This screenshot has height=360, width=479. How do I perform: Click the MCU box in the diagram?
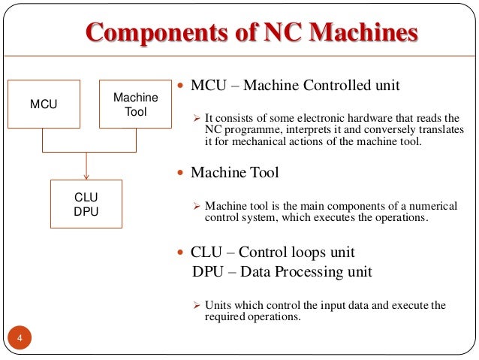pyautogui.click(x=44, y=104)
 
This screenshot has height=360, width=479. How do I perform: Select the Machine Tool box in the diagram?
pyautogui.click(x=136, y=104)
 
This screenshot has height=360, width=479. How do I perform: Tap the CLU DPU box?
pyautogui.click(x=86, y=204)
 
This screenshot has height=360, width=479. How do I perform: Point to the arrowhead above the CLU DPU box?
pyautogui.click(x=86, y=177)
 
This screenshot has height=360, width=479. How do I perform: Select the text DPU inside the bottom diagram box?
pyautogui.click(x=86, y=211)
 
